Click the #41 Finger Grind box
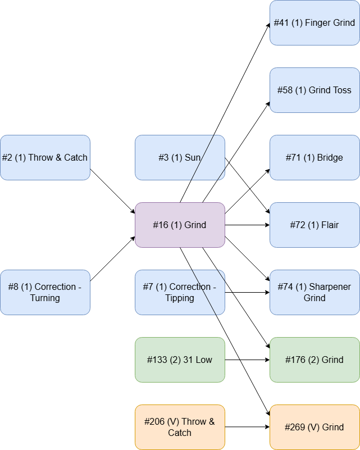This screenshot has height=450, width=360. tap(315, 22)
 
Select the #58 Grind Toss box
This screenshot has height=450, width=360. tap(315, 90)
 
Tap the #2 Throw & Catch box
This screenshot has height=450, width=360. tap(45, 157)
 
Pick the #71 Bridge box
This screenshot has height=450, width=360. tap(315, 157)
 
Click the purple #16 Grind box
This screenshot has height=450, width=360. tap(180, 225)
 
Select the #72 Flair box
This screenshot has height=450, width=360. tap(315, 225)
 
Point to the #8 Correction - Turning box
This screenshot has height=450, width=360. tap(45, 292)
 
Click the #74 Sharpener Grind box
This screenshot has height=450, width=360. tap(315, 292)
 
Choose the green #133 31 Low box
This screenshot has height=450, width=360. tap(180, 360)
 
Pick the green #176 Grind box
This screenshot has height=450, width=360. tap(315, 360)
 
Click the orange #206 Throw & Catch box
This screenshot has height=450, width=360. tap(180, 427)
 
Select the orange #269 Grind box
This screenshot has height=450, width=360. tap(315, 427)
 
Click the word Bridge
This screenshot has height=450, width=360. tap(330, 157)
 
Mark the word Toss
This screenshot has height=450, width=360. tap(341, 90)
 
